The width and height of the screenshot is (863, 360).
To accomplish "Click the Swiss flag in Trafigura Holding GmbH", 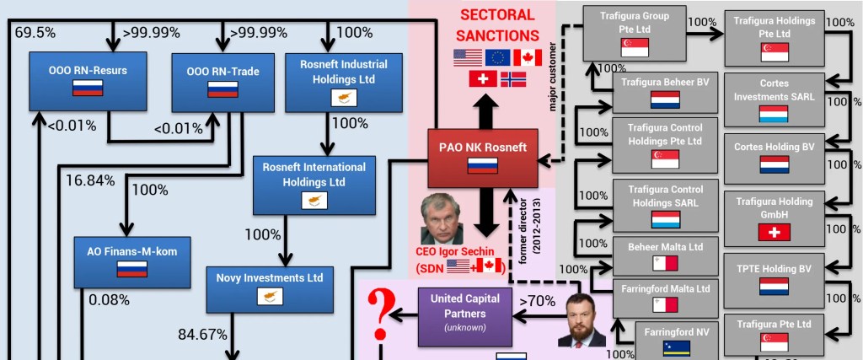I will click(x=774, y=232).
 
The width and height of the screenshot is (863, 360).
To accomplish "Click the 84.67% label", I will click(x=202, y=334).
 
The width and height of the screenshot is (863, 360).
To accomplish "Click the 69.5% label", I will click(x=35, y=33).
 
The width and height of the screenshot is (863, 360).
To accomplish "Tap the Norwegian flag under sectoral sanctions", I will click(x=513, y=79).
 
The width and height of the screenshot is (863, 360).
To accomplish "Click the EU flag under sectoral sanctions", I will click(x=496, y=57).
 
